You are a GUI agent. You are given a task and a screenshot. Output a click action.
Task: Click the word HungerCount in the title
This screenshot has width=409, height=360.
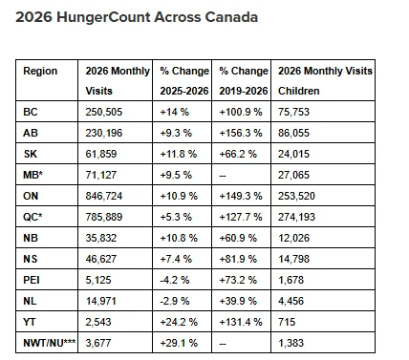[x=103, y=17]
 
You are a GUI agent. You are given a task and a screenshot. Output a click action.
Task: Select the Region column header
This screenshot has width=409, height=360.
[x=40, y=71]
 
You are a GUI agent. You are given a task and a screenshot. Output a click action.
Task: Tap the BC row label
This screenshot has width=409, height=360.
[x=31, y=112]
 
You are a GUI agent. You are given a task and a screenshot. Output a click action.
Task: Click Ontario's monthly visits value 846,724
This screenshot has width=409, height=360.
[x=104, y=196]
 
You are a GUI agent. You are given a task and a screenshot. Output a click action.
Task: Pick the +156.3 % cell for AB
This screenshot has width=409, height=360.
[x=241, y=133]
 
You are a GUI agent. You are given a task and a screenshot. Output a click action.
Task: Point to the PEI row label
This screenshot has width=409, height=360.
[x=32, y=280]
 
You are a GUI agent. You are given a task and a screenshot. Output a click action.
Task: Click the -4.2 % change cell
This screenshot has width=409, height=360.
[x=175, y=280]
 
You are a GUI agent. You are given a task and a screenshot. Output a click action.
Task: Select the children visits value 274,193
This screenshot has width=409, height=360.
[x=296, y=217]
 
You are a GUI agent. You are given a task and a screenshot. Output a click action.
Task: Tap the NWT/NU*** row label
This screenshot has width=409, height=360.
[x=50, y=343]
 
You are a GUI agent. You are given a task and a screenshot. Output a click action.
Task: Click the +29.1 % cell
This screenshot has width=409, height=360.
[x=179, y=343]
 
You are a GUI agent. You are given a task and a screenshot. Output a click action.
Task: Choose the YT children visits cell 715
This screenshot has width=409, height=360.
[x=287, y=322]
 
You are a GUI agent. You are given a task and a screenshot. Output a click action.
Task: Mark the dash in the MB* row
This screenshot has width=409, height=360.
[x=223, y=176]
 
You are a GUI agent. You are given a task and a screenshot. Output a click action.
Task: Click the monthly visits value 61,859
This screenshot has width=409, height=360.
[x=101, y=154]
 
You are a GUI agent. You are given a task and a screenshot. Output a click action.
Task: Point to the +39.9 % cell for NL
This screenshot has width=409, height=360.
[x=238, y=301]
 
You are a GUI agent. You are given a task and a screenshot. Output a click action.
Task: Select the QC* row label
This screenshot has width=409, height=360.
[x=32, y=217]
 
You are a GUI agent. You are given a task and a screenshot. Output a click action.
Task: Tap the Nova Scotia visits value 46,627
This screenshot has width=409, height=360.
[x=101, y=259]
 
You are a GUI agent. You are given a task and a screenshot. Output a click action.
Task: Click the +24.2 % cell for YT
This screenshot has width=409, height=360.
[x=179, y=322]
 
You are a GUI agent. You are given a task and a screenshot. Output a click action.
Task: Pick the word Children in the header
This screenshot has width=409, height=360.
[x=299, y=91]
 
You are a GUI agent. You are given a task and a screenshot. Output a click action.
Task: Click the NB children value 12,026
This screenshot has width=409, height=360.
[x=293, y=238]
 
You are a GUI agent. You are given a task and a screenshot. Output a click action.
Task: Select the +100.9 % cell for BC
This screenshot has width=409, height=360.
[x=241, y=112]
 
